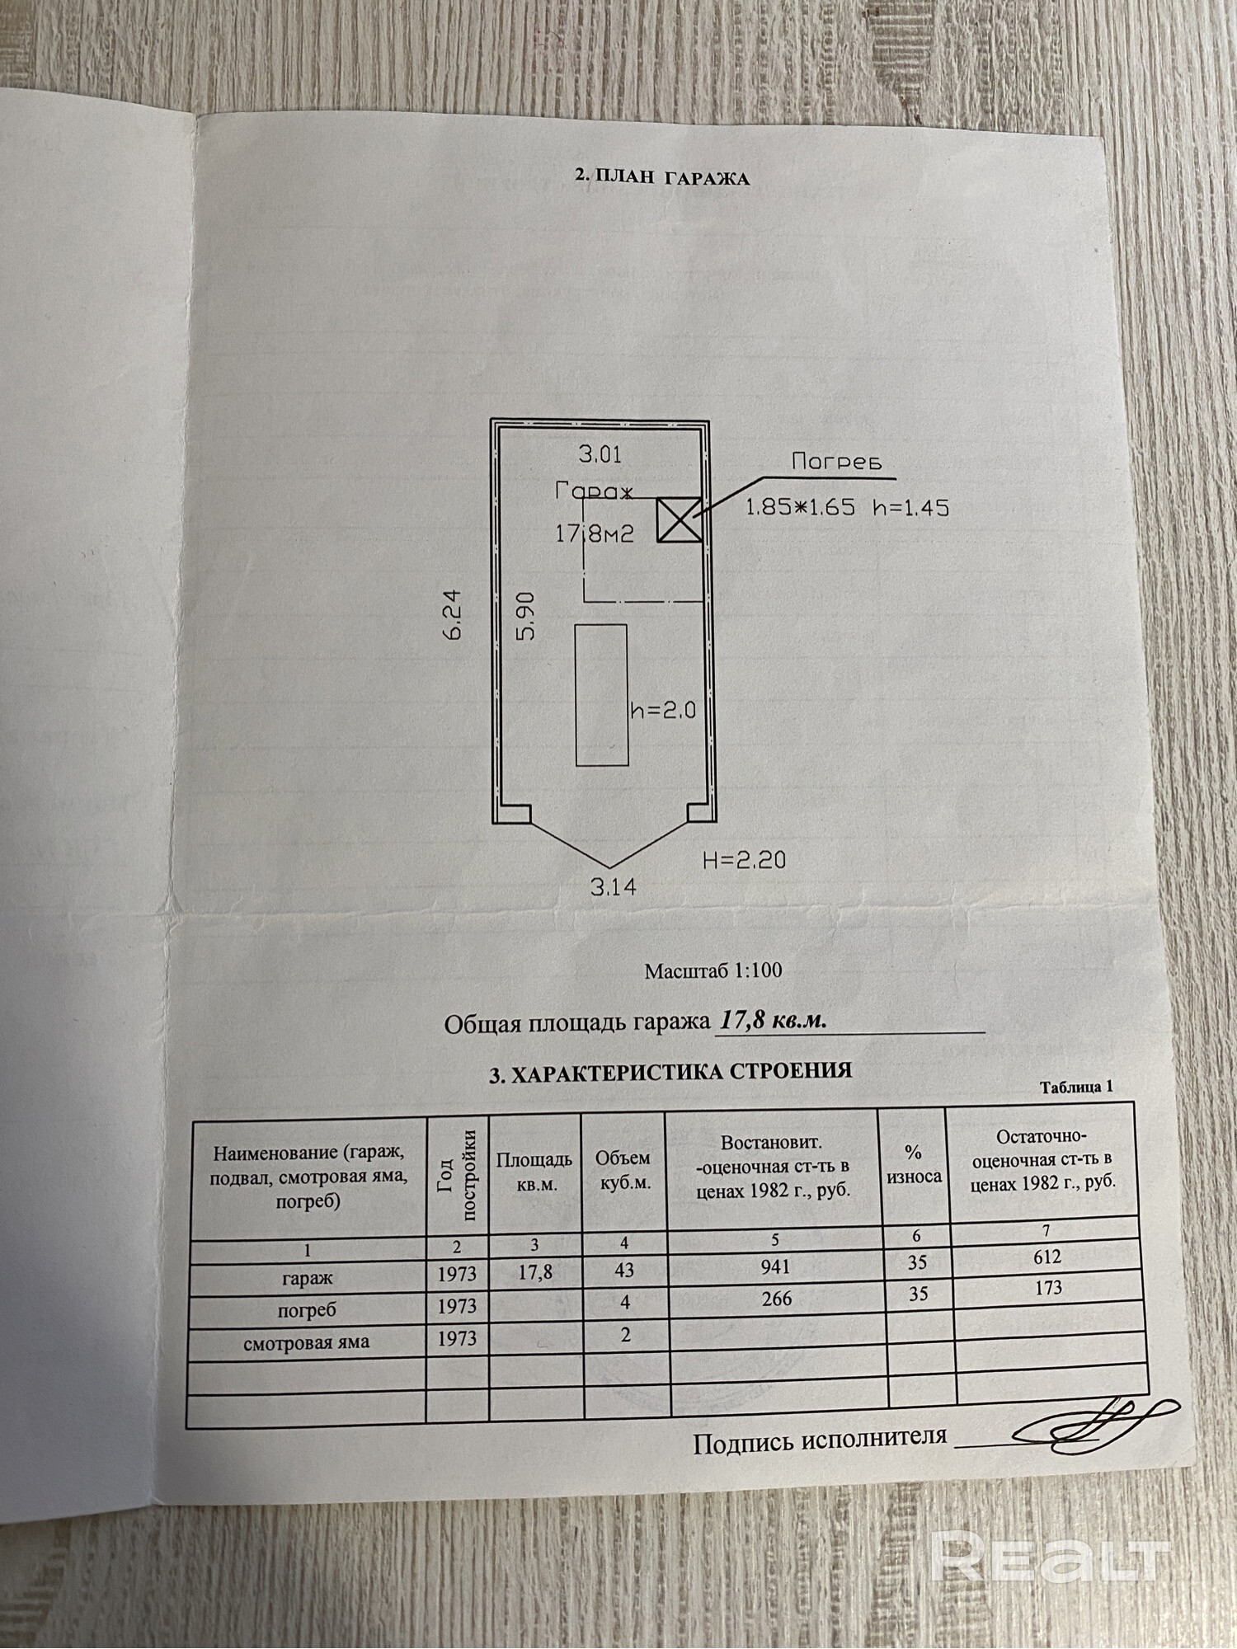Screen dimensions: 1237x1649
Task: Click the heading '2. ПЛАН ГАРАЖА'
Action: click(662, 176)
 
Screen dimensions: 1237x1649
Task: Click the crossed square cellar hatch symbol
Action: click(679, 520)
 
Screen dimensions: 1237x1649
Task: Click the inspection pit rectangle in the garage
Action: click(600, 694)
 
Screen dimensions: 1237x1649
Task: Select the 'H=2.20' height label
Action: click(744, 860)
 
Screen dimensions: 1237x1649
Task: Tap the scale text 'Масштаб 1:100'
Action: click(713, 970)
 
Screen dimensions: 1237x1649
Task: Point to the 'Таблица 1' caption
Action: click(1076, 1087)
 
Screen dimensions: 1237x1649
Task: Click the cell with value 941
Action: click(775, 1266)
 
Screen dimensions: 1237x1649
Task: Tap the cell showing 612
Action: click(1047, 1257)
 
